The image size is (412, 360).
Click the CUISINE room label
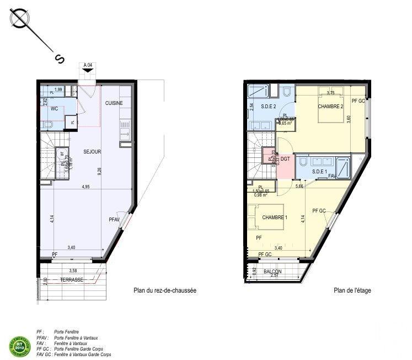pos(114,103)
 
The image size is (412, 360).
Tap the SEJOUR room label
pos(92,151)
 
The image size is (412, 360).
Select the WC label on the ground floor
pos(55,109)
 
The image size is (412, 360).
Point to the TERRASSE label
pos(72,280)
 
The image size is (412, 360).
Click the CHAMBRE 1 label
pos(275,217)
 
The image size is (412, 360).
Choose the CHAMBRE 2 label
pos(331,106)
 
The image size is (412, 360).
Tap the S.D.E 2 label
pos(268,107)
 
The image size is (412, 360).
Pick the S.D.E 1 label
pos(320,172)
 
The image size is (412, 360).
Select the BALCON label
pos(272,272)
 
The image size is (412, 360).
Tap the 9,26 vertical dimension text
pos(99,171)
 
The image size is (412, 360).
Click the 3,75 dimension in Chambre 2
pos(330,93)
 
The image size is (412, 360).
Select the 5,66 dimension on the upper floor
pos(299,186)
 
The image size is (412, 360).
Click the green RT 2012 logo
pos(19,345)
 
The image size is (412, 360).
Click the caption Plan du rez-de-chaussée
pos(165,290)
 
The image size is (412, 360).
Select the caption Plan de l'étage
pos(352,290)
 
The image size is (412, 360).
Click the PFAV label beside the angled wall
pos(114,220)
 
